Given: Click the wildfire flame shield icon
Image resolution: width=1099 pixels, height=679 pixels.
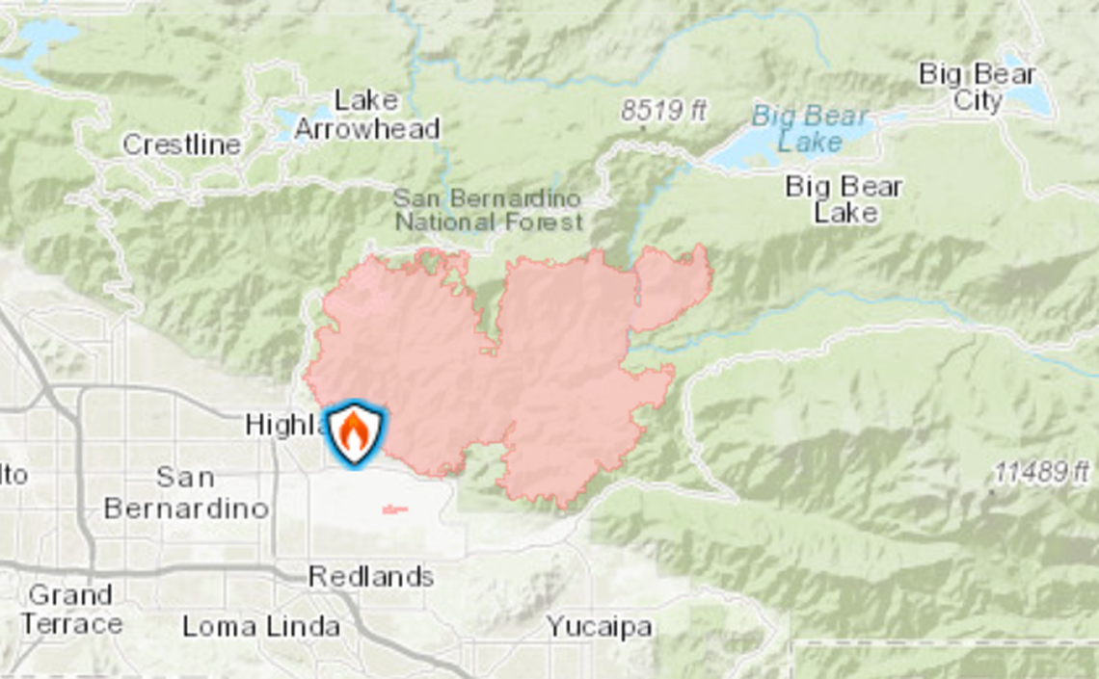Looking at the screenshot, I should tap(354, 433).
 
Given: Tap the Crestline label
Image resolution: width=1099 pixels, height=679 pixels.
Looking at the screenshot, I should tap(181, 144).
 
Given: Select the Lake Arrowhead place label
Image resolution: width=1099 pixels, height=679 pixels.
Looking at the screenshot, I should tap(366, 115).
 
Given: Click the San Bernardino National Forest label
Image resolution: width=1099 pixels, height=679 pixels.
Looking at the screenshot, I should tap(489, 210).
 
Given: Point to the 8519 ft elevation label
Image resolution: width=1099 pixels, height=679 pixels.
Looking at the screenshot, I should tap(663, 111).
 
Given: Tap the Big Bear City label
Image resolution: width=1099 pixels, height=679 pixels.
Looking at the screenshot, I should tap(977, 87).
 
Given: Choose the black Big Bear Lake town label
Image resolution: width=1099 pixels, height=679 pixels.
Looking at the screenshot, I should tap(844, 198).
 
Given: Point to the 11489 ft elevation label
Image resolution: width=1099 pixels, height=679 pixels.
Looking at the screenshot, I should tap(1042, 472).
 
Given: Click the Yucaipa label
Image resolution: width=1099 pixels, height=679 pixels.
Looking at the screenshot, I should tap(599, 627).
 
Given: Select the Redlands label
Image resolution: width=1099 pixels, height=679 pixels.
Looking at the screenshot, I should tap(370, 576).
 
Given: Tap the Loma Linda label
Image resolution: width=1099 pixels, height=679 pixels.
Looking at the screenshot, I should tap(260, 627).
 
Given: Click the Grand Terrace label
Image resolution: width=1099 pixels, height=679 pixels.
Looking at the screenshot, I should tap(70, 609).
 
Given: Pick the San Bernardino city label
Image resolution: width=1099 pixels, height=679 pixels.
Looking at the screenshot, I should tap(185, 492).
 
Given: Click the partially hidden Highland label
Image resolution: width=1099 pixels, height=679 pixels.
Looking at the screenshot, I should tap(281, 425).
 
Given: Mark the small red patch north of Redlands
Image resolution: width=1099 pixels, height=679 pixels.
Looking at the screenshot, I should tap(395, 509).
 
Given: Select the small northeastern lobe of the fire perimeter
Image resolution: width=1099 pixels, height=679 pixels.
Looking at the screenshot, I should tap(672, 286).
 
